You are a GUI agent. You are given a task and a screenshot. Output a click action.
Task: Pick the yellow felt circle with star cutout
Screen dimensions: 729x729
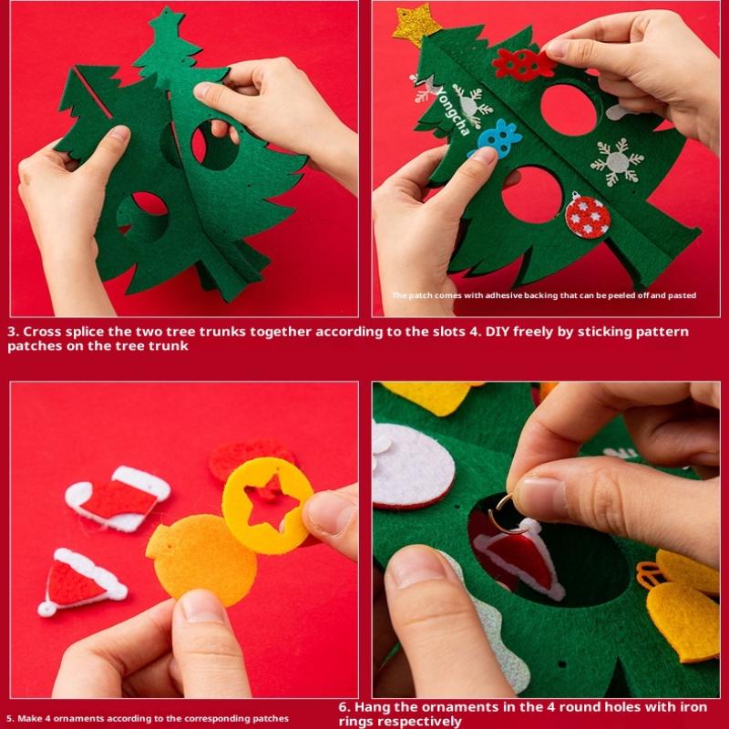[x=267, y=506]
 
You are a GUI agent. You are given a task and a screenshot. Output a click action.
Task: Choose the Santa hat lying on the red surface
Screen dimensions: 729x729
[x=81, y=582]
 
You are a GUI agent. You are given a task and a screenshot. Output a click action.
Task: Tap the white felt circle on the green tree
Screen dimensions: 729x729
[x=413, y=466]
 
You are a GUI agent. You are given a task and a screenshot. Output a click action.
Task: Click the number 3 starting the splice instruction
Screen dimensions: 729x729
[x=12, y=332]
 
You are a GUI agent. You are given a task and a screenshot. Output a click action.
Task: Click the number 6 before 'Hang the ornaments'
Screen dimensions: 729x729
[x=343, y=707]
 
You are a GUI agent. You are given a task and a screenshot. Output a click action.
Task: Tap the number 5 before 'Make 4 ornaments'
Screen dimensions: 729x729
[x=9, y=719]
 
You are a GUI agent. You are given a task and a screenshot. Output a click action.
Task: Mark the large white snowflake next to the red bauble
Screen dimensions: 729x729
[x=618, y=162]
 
